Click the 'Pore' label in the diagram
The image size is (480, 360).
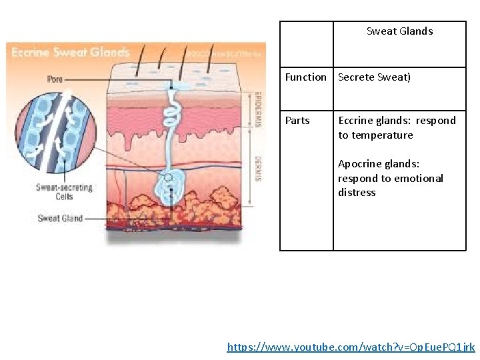(55, 79)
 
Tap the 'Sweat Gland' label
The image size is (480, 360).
(59, 218)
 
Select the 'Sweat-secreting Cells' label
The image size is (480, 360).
(64, 192)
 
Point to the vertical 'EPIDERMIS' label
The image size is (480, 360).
(257, 106)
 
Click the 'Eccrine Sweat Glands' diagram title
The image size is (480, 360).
(70, 53)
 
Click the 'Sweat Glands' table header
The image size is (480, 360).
(399, 31)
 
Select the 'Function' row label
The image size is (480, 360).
(305, 77)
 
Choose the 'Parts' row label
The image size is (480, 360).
(297, 121)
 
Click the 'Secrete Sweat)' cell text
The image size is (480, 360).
(375, 77)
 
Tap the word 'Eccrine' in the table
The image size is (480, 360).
(356, 121)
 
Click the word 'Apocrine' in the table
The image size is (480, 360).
(360, 164)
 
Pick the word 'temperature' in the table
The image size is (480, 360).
(382, 135)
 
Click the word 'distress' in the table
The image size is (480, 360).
(357, 193)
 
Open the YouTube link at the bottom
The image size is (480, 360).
(351, 347)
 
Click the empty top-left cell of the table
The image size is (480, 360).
(306, 44)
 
